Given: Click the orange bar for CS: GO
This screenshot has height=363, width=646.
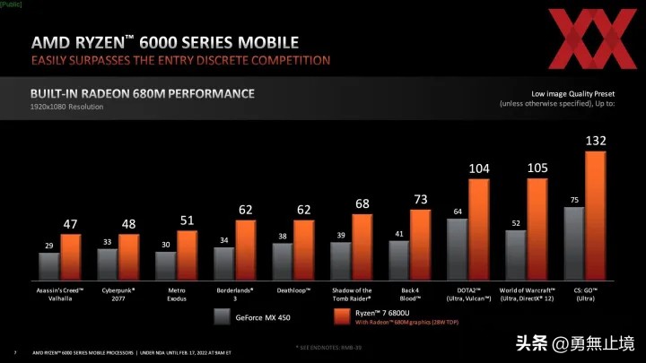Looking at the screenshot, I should click(x=596, y=215).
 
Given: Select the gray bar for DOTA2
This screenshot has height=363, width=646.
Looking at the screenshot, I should click(x=457, y=249).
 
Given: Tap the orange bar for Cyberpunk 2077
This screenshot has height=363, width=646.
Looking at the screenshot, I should click(x=129, y=256).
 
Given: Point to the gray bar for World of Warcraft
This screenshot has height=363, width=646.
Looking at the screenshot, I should click(x=515, y=255).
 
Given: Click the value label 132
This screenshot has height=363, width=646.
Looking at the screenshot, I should click(x=596, y=141).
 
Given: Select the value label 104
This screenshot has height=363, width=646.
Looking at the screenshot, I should click(x=479, y=169).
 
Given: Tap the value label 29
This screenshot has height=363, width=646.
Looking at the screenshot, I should click(x=48, y=245).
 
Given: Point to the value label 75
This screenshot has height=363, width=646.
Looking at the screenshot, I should click(x=573, y=199).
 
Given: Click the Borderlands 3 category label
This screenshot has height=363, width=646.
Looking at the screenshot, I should click(x=234, y=294).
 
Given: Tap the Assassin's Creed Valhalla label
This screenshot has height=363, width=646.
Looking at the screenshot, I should click(x=59, y=294).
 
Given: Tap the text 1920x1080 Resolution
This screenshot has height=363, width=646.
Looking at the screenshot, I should click(x=67, y=108).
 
